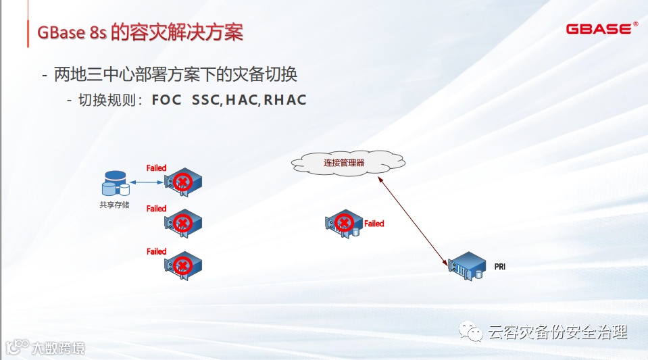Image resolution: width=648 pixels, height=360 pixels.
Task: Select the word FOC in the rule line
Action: [x=167, y=100]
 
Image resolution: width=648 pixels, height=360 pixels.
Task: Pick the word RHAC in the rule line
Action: [x=285, y=100]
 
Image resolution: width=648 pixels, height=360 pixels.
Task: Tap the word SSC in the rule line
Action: [x=205, y=100]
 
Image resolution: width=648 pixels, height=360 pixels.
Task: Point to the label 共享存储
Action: [x=114, y=203]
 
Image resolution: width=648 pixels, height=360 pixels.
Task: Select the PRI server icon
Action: [x=468, y=266]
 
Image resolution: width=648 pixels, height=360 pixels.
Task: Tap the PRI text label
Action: [x=500, y=267]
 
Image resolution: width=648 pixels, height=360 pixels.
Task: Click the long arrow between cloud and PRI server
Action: [x=414, y=220]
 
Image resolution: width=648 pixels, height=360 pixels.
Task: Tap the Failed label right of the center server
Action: [x=374, y=224]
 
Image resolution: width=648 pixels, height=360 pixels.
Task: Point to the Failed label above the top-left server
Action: [x=156, y=168]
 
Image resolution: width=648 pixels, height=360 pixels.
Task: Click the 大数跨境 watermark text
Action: [x=58, y=348]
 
